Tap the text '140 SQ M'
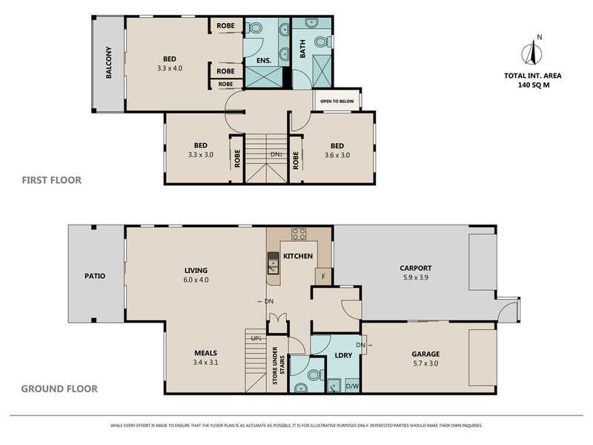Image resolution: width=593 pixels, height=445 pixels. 532,85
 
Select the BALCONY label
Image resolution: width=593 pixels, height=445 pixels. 109,64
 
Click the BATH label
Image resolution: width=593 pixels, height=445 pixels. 302,48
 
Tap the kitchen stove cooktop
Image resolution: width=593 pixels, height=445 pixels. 299,234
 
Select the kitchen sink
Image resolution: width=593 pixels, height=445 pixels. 274,263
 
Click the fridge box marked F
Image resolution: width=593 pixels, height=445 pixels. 323,278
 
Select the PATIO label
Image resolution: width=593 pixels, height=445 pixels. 96,276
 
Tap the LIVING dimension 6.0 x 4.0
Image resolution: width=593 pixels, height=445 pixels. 196,280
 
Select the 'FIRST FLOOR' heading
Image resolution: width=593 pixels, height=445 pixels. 51,180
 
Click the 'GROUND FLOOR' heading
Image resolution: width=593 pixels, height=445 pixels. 59,389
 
